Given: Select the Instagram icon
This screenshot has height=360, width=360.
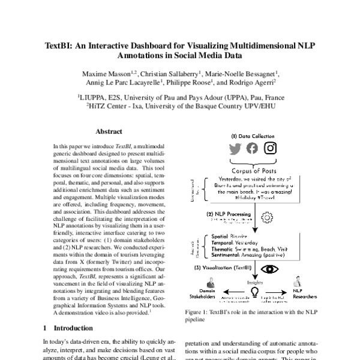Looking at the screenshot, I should point(270,148).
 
